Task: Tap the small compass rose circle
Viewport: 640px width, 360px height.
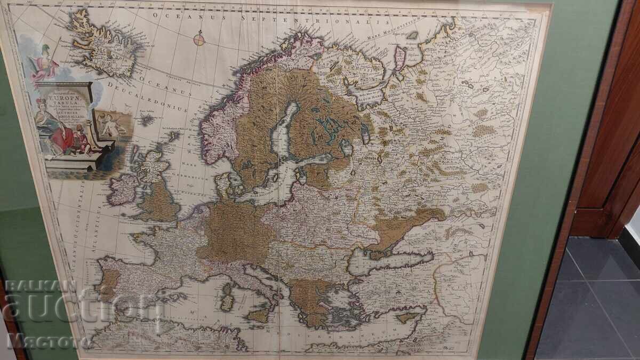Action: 199,38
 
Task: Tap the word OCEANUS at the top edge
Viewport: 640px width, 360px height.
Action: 177,16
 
